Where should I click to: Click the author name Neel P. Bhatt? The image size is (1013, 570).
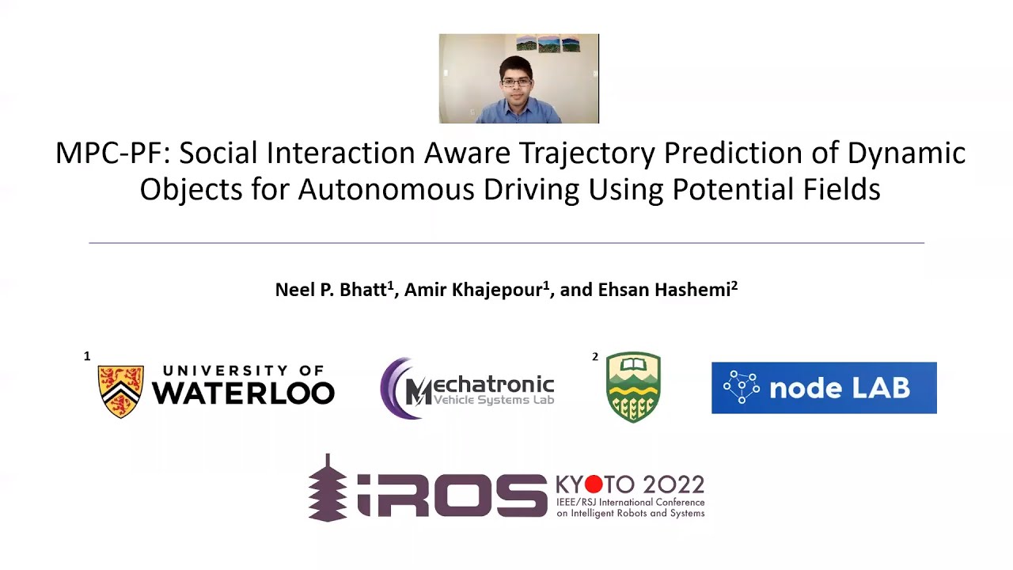point(330,290)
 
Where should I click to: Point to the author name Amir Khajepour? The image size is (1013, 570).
point(473,290)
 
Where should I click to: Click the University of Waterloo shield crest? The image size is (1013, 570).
point(121,390)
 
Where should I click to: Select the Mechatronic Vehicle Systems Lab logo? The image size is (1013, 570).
point(467,388)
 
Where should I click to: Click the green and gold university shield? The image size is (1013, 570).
point(633,387)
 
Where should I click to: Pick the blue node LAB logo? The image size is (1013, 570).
point(824,388)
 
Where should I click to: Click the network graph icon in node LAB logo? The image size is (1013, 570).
point(742,387)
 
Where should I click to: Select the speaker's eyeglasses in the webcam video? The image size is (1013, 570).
point(516,81)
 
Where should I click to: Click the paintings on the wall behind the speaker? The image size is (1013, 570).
point(548,44)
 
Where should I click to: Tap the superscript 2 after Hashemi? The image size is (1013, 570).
point(734,285)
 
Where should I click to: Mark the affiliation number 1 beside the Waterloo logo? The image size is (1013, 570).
point(87,356)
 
